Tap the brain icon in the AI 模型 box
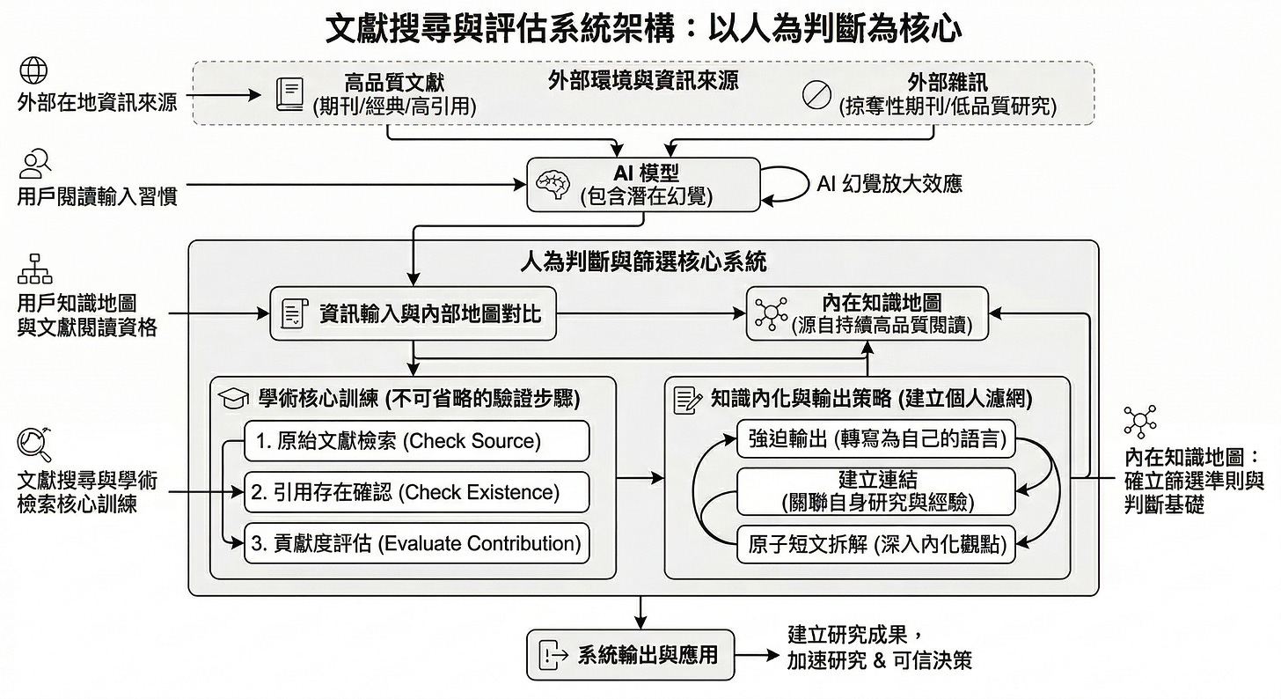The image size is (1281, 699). [554, 184]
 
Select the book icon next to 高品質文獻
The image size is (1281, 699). [289, 93]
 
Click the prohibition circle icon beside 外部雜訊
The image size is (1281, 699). [817, 94]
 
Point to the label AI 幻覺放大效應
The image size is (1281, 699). [889, 184]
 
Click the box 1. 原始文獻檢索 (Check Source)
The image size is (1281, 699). [416, 441]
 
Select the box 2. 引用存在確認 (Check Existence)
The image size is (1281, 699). [416, 492]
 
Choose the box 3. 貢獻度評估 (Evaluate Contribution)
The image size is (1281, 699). [416, 543]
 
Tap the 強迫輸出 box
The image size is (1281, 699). [875, 438]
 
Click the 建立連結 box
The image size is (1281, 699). [875, 491]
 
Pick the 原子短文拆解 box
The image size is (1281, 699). [875, 543]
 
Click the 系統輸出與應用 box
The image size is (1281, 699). [630, 655]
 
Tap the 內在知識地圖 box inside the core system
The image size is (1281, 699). [867, 313]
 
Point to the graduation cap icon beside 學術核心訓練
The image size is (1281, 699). [233, 399]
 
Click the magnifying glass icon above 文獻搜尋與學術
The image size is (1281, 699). [34, 443]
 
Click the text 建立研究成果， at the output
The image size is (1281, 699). [854, 635]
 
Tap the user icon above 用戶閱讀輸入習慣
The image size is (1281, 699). [35, 164]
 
